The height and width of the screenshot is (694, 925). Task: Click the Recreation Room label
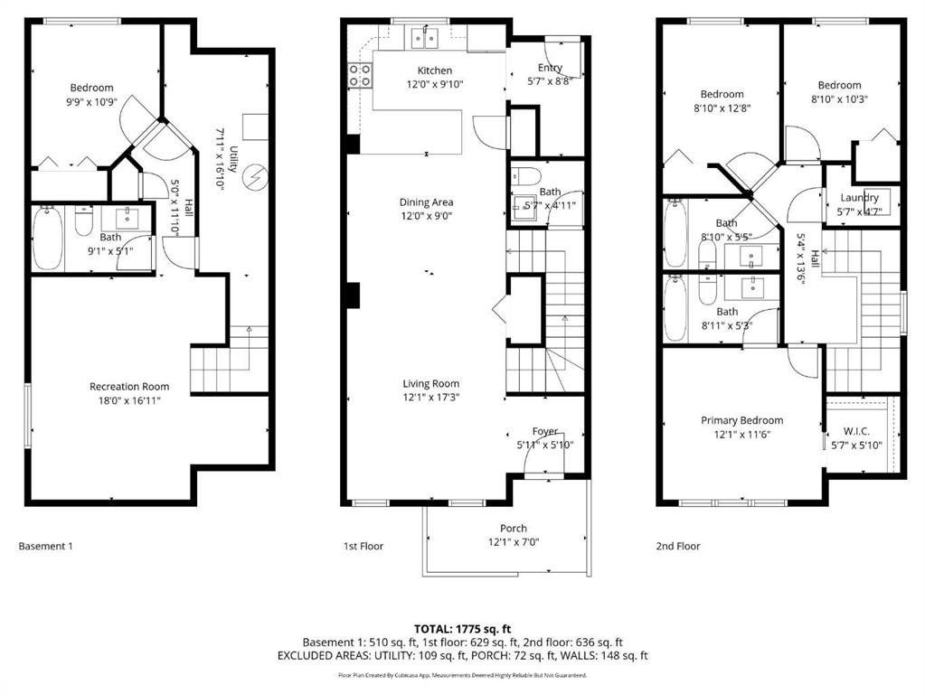point(129,387)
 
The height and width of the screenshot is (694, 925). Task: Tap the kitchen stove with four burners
point(360,75)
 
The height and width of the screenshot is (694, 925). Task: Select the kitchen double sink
point(424,38)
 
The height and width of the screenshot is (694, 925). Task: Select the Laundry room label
point(859,198)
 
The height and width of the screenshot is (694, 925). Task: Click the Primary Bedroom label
point(741,420)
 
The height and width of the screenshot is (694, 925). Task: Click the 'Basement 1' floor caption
point(46,546)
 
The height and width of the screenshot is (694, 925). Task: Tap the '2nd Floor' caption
point(678,546)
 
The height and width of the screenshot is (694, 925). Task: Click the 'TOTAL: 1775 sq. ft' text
point(462,627)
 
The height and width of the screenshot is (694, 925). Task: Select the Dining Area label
point(426,202)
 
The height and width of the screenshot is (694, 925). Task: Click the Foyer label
point(544,431)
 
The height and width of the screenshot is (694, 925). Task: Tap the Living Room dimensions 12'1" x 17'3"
point(431,398)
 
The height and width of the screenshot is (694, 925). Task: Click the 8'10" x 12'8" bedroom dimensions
point(722,108)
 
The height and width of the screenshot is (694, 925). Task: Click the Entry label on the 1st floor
point(550,68)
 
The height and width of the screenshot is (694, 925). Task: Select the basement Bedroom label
point(91,88)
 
